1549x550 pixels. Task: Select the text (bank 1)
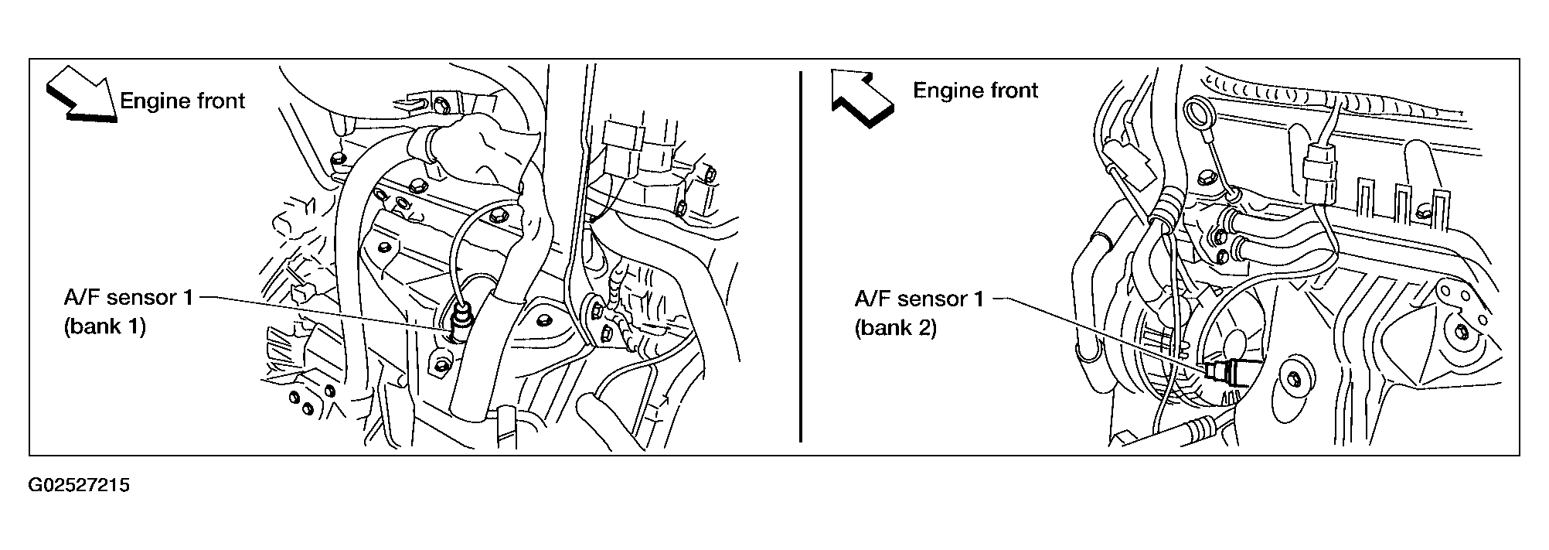tap(104, 326)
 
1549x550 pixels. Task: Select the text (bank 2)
tap(896, 328)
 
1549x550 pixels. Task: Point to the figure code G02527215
tap(79, 486)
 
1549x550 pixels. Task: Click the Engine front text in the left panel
tap(182, 101)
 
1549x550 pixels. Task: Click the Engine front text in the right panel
tap(975, 91)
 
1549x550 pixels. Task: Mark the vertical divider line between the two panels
tap(801, 256)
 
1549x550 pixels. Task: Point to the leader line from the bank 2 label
tap(1098, 332)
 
